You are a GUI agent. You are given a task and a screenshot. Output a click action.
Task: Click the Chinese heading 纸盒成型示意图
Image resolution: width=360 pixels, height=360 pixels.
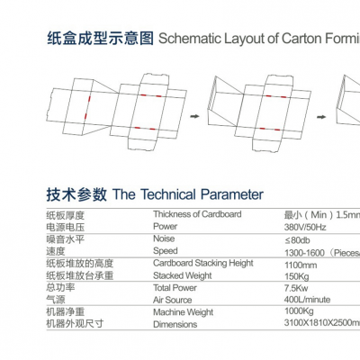[x=100, y=39]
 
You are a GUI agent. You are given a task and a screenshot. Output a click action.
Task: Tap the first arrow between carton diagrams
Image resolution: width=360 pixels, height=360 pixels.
[x=195, y=116]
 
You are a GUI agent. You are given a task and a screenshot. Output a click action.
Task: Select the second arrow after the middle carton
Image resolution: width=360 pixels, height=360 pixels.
[x=321, y=117]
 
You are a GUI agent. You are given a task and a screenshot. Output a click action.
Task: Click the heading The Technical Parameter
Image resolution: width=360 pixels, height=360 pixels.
[x=188, y=194]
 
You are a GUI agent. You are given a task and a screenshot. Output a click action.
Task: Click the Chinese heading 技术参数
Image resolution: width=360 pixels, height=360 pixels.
[x=76, y=194]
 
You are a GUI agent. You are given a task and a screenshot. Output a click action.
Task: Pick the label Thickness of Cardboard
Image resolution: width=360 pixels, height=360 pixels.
[x=197, y=214]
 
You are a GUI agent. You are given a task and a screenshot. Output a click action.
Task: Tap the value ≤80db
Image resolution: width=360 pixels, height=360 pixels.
[x=297, y=240]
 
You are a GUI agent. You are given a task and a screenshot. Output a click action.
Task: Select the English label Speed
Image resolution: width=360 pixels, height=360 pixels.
[x=166, y=251]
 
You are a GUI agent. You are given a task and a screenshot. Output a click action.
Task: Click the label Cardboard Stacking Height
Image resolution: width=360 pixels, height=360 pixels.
[x=203, y=264]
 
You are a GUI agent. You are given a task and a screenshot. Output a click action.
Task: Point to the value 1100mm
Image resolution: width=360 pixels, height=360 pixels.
[x=301, y=265]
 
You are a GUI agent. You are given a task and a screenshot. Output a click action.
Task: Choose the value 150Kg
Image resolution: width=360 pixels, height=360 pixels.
[x=297, y=276]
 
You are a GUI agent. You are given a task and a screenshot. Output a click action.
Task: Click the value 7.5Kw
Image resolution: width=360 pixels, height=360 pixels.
[x=296, y=288]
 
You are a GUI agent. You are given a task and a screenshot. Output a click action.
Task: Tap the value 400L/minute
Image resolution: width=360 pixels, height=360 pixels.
[x=307, y=300]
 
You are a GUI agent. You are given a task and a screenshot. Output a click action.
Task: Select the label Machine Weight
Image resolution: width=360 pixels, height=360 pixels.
[x=183, y=312]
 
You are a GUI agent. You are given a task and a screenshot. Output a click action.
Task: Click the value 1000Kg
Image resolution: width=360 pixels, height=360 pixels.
[x=299, y=311]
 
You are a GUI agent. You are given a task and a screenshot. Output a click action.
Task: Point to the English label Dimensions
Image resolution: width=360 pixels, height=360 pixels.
[x=175, y=324]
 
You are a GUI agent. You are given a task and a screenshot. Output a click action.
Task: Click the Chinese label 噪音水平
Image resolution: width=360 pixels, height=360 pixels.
[x=66, y=239]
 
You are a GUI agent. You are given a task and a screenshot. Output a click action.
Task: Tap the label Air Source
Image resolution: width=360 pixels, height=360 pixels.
[x=173, y=300]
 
